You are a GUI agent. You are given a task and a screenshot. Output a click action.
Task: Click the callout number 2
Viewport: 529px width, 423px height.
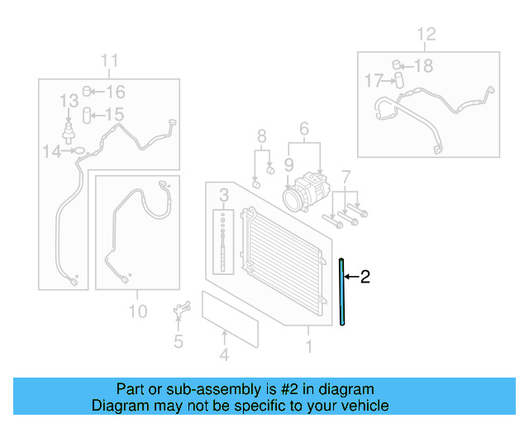[365, 277]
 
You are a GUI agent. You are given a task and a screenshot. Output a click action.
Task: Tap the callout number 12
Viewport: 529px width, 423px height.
[425, 35]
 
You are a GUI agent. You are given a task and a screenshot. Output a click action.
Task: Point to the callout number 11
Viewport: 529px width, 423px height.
[110, 60]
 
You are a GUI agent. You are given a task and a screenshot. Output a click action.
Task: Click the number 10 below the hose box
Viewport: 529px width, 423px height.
[137, 311]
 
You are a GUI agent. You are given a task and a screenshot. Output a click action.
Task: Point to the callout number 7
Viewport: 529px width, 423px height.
[346, 176]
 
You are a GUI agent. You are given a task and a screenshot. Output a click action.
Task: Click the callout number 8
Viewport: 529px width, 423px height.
[261, 136]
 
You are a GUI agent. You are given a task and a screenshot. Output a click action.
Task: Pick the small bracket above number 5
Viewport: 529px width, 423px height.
[179, 311]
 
